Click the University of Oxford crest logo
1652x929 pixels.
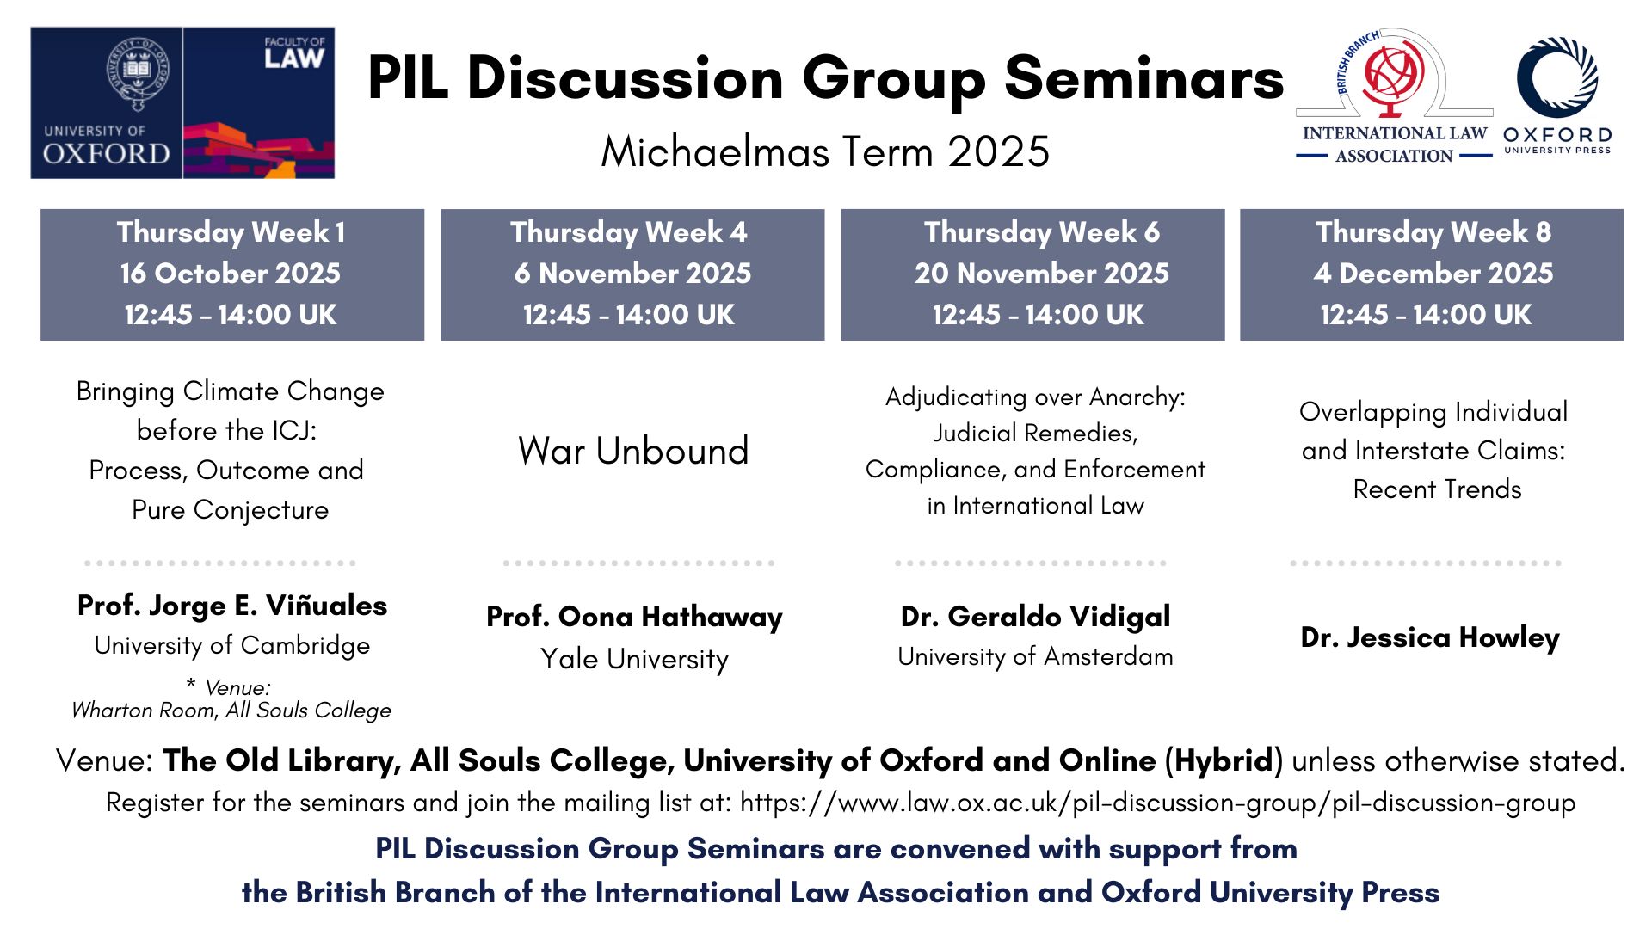pos(138,72)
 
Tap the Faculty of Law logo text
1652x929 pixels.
pos(294,52)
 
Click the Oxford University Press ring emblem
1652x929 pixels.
pos(1556,77)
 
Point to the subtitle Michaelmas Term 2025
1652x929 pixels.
pos(825,152)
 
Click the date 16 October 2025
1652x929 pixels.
pos(231,274)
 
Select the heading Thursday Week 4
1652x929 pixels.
pos(629,232)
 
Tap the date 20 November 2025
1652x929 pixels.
pos(1042,274)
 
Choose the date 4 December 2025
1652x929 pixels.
pos(1433,274)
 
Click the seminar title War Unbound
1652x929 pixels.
pos(633,451)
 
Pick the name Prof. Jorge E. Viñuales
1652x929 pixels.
pos(232,606)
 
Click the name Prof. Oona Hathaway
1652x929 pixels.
pos(634,617)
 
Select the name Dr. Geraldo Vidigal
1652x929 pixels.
pos(1035,617)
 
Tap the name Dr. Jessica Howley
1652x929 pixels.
pos(1430,637)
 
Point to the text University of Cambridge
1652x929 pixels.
pos(232,646)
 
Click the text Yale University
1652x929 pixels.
pos(634,659)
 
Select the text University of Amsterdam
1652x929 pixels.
pos(1035,656)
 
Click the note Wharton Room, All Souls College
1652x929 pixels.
pos(231,711)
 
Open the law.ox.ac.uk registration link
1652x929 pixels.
pos(1157,803)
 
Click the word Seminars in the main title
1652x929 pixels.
pos(1144,79)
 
